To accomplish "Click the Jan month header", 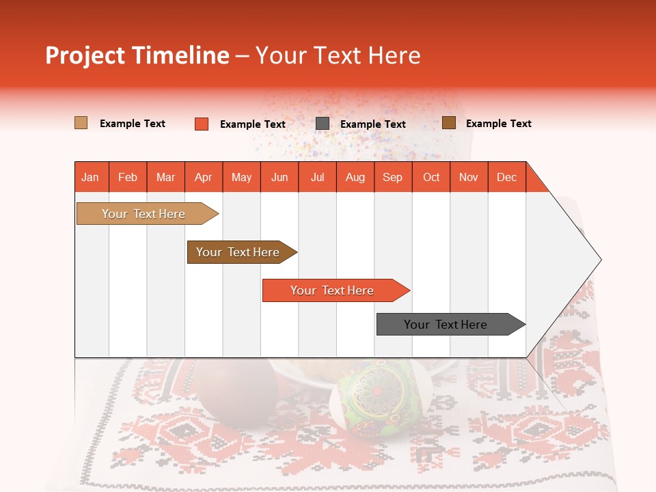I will [91, 177].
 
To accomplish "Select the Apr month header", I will [204, 177].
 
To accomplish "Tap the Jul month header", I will [317, 177].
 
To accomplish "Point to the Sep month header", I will [392, 177].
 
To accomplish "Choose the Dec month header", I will [506, 177].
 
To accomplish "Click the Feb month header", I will [128, 177].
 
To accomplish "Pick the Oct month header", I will [431, 177].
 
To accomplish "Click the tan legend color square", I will [81, 123].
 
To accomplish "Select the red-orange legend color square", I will [202, 124].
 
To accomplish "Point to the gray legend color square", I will [323, 124].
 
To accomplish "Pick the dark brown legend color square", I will [449, 123].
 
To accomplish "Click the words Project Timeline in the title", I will [137, 55].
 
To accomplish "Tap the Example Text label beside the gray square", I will [372, 124].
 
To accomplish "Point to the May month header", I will [241, 177].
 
